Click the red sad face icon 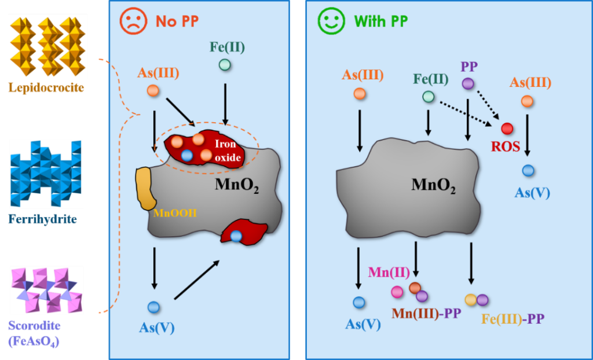pos(133,21)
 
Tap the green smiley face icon pos(331,21)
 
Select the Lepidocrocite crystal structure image pos(48,46)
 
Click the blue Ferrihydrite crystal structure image pos(46,174)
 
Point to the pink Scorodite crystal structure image pos(47,290)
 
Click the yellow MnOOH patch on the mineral pos(145,188)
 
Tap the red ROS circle pos(507,128)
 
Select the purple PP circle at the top pos(468,83)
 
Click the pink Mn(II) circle pos(397,292)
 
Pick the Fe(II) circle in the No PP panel pos(225,65)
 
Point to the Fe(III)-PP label pos(513,318)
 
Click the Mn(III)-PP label pos(426,314)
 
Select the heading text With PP pos(381,21)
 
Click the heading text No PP pos(177,21)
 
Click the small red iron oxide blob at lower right pos(243,232)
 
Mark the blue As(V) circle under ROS pos(528,170)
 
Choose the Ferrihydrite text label pos(43,219)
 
